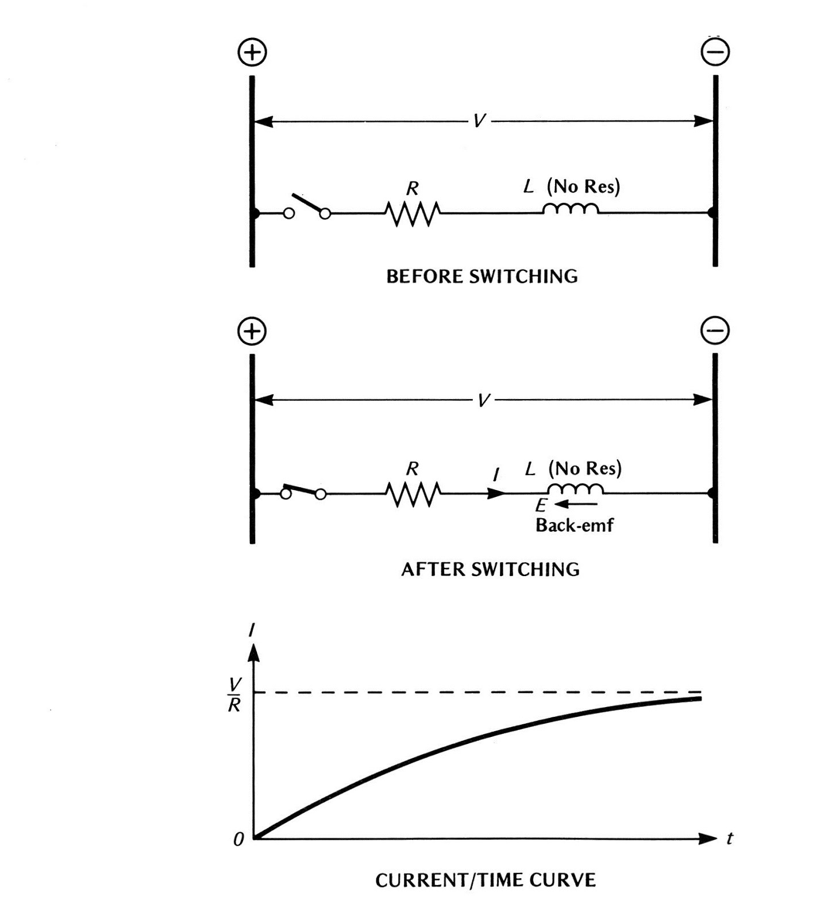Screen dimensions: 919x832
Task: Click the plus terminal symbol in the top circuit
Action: tap(252, 52)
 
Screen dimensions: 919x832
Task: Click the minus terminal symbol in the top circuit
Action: tap(715, 52)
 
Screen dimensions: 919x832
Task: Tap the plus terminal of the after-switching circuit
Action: tap(252, 331)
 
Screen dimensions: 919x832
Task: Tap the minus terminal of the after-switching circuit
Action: tap(715, 331)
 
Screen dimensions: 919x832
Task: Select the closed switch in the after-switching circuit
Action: tap(303, 492)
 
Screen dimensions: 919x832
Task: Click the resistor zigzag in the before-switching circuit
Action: tap(413, 213)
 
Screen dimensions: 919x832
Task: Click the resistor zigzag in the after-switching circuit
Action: tap(413, 493)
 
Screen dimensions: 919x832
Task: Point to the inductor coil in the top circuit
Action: tap(571, 208)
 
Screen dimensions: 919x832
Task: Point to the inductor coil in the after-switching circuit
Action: tap(575, 489)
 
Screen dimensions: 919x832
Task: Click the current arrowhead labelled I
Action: tap(496, 493)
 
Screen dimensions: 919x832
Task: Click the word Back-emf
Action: tap(574, 525)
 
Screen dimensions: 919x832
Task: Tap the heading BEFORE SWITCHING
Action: tap(482, 276)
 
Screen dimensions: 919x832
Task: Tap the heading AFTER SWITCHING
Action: tap(490, 569)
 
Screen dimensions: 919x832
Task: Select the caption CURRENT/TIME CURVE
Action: tap(486, 880)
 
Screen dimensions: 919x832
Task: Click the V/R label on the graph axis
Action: tap(234, 694)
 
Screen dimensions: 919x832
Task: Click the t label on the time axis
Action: tap(730, 839)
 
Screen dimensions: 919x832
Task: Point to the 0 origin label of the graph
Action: tap(238, 840)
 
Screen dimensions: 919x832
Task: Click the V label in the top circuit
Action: tap(479, 121)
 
